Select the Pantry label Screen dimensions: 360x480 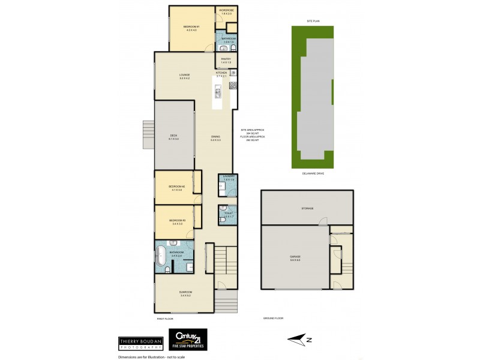(x=226, y=60)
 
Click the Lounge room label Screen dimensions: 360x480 (x=184, y=76)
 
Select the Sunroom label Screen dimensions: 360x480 (x=184, y=294)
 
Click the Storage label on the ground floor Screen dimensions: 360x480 (x=307, y=208)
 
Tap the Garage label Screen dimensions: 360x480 (x=295, y=257)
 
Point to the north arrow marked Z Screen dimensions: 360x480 (x=302, y=340)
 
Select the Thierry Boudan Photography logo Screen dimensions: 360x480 (x=140, y=343)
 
